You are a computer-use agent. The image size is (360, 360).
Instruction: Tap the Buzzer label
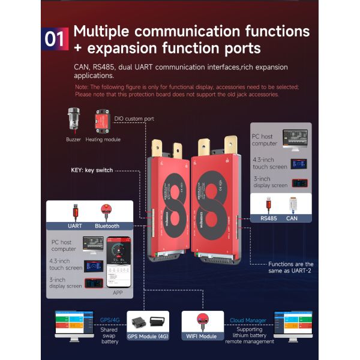point(74,139)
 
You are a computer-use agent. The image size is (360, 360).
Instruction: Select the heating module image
point(104,120)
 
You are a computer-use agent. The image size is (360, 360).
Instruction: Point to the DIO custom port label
point(133,119)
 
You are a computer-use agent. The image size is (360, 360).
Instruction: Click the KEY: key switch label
point(92,170)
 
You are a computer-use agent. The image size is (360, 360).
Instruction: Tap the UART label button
point(75,226)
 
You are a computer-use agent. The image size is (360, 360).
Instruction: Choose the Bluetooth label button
point(107,226)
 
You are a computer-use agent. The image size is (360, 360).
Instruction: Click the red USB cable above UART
point(75,212)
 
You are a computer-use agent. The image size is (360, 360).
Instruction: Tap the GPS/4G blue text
point(110,320)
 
